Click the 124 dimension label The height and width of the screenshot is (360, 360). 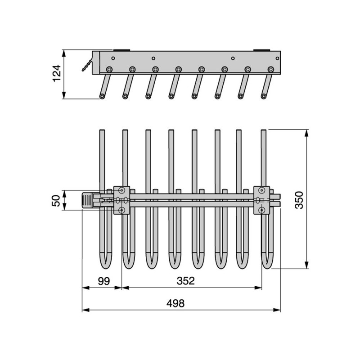click(x=57, y=73)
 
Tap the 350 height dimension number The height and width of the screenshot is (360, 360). click(x=299, y=200)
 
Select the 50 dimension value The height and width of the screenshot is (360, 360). click(x=56, y=201)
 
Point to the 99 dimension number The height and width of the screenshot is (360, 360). click(x=104, y=281)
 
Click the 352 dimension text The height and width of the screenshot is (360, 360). click(x=186, y=281)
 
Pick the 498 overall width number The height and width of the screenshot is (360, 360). click(x=175, y=303)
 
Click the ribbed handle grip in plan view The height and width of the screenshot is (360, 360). click(x=86, y=200)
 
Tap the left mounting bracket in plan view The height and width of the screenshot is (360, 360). click(x=121, y=200)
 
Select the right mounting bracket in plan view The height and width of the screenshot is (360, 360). click(x=261, y=200)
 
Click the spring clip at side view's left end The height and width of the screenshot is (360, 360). click(x=87, y=65)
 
